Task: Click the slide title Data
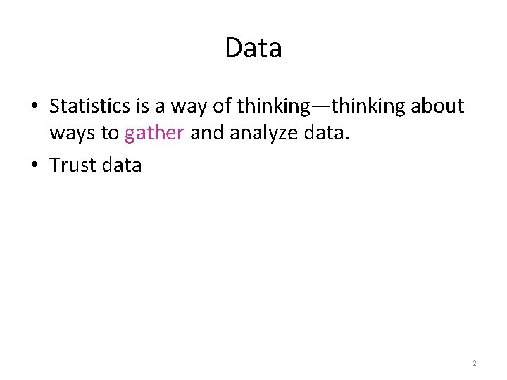click(x=254, y=48)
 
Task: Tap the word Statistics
click(x=90, y=106)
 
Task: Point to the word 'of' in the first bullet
click(x=223, y=106)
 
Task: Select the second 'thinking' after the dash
click(x=368, y=107)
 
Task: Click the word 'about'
click(x=437, y=106)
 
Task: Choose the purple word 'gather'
click(x=154, y=133)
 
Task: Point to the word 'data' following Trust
click(x=122, y=165)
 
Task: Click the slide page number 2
click(x=475, y=364)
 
